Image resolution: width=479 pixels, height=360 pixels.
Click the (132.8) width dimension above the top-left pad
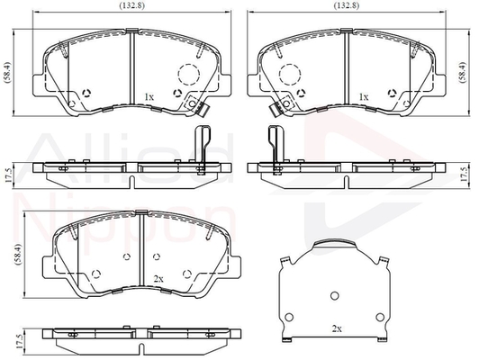tap(132, 5)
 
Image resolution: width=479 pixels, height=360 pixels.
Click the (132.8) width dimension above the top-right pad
tap(347, 5)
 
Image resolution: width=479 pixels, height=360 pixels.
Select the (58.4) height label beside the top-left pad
tap(6, 72)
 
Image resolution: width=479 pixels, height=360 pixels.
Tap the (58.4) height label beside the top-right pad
tap(463, 72)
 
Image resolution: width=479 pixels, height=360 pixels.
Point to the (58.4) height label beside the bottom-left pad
tap(19, 255)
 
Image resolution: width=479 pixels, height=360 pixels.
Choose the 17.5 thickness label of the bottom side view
tap(19, 342)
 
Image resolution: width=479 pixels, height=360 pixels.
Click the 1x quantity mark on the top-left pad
tap(149, 97)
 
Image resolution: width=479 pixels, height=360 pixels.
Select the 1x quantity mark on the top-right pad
tap(364, 97)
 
